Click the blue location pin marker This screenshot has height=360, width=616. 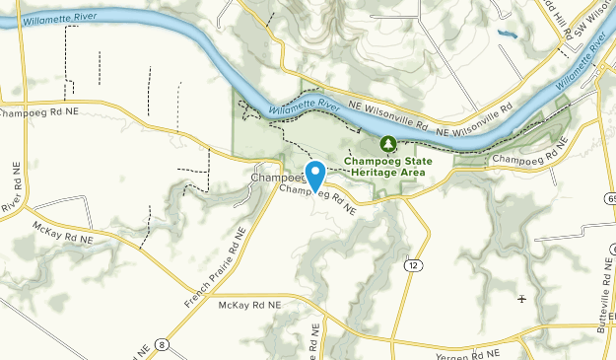315,175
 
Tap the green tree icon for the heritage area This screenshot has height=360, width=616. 389,145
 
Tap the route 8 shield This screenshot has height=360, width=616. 162,344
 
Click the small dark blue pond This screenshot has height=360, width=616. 507,35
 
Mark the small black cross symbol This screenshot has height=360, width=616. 521,298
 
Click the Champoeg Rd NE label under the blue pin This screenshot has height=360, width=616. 317,196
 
